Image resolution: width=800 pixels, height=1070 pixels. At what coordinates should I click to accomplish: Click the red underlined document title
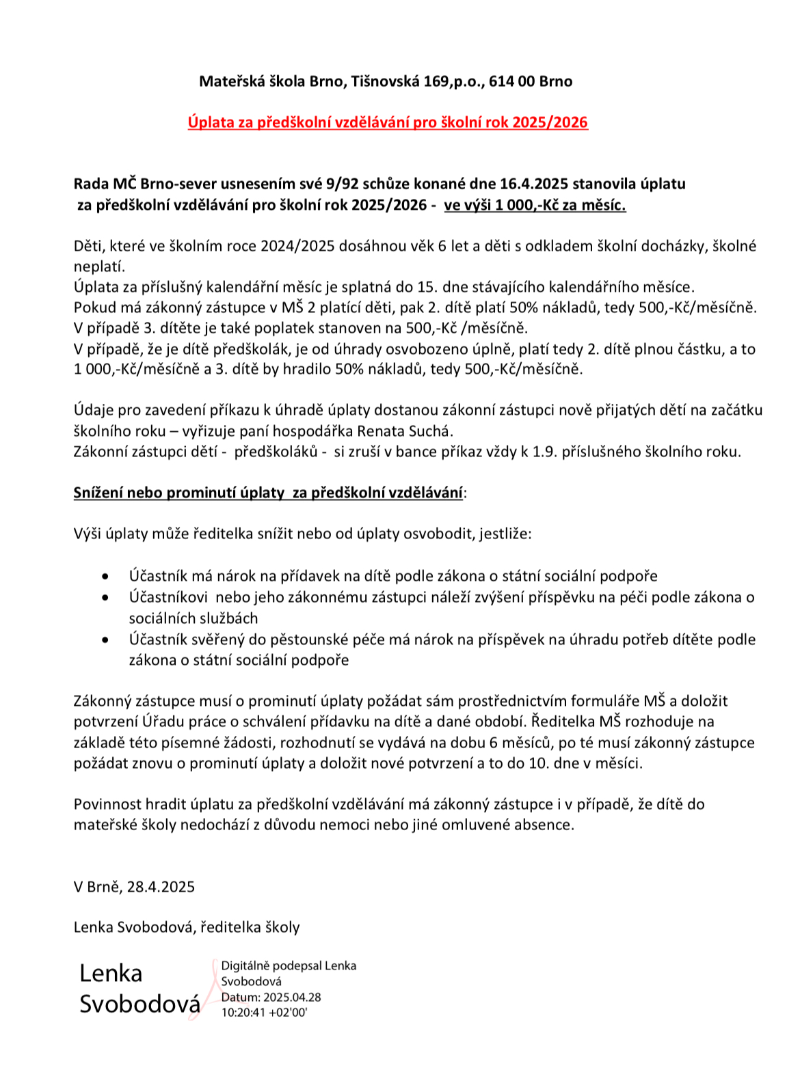point(388,122)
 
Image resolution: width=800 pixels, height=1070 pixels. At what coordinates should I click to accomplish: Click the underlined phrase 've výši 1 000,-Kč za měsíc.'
point(535,205)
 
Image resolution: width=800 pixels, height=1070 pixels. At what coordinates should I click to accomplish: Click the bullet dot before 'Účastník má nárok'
point(105,577)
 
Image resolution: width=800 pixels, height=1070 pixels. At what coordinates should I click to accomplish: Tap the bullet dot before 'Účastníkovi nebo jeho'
point(105,598)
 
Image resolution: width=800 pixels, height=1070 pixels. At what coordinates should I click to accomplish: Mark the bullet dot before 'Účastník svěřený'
point(105,640)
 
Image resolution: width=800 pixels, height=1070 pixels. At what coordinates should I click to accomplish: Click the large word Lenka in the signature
point(111,973)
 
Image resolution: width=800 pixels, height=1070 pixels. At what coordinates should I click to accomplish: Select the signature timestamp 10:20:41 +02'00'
point(264,1013)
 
